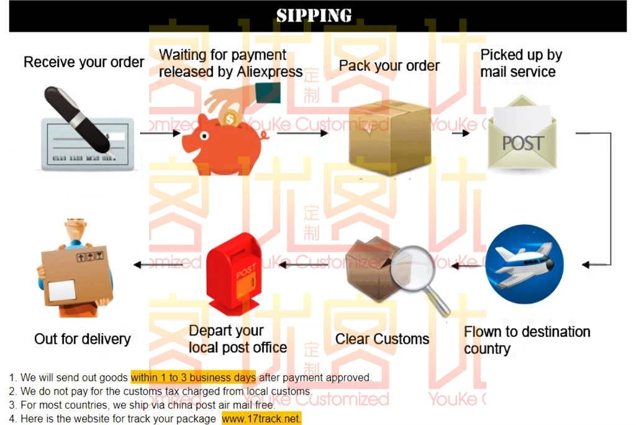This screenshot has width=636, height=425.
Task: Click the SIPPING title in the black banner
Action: pos(314,15)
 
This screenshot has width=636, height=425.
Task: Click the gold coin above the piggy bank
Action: pos(231,117)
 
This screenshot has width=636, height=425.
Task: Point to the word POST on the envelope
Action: pos(522,144)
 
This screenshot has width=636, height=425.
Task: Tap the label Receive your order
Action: pos(84,62)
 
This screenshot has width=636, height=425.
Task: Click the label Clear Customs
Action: pos(382,339)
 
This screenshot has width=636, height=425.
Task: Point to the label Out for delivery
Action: pos(83,339)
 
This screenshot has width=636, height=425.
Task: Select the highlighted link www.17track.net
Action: pos(261,419)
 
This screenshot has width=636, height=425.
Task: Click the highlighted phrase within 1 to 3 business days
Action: pos(193,377)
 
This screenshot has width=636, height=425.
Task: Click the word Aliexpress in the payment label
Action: pos(270,72)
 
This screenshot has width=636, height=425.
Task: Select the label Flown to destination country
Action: pos(526,339)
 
